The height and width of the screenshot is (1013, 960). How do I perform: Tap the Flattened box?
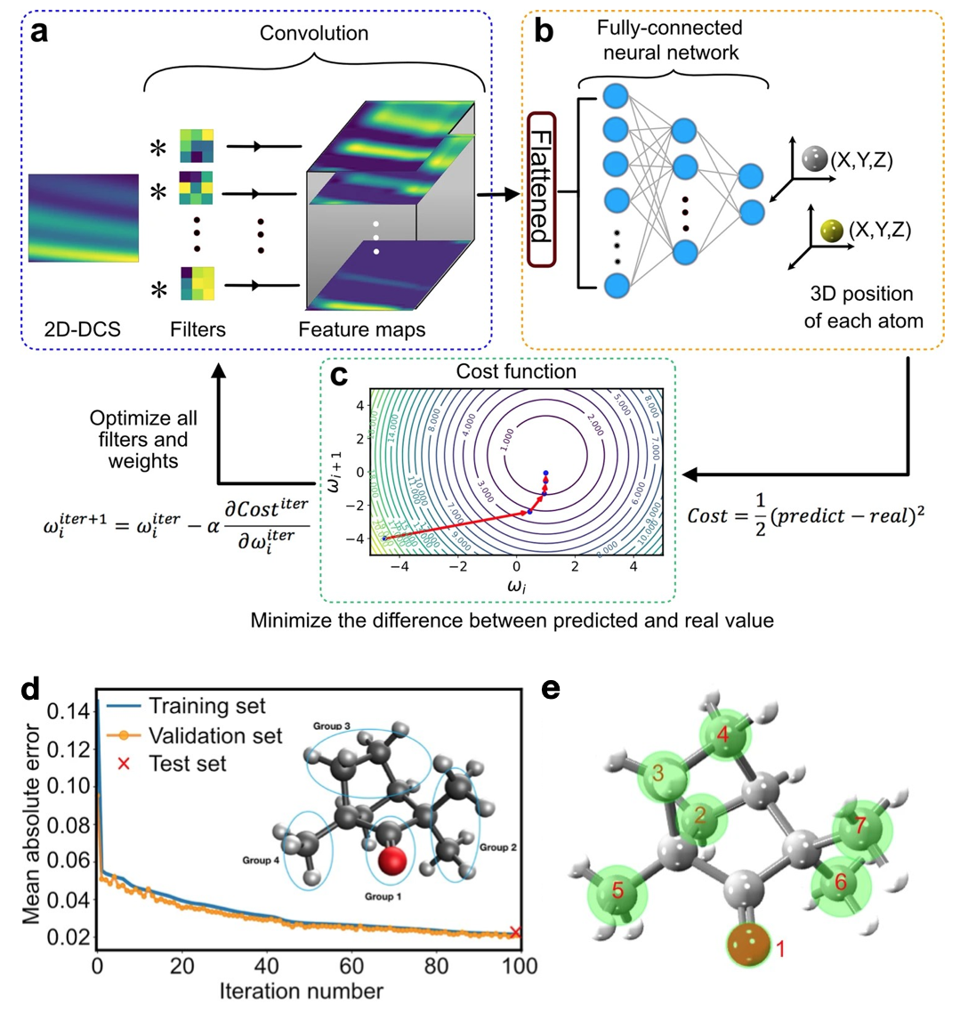pyautogui.click(x=541, y=190)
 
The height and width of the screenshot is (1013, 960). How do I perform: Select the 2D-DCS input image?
pyautogui.click(x=84, y=218)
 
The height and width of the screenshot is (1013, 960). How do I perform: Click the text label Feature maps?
pyautogui.click(x=361, y=329)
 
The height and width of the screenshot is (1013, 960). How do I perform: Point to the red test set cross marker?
pyautogui.click(x=514, y=932)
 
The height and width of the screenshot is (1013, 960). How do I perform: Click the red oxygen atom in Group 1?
pyautogui.click(x=392, y=863)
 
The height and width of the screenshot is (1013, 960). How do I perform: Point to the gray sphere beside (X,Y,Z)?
pyautogui.click(x=813, y=160)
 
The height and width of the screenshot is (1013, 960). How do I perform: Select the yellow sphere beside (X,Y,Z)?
pyautogui.click(x=832, y=231)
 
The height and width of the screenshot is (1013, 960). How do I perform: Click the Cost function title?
pyautogui.click(x=503, y=371)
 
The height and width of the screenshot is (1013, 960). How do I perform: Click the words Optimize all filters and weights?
pyautogui.click(x=144, y=440)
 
